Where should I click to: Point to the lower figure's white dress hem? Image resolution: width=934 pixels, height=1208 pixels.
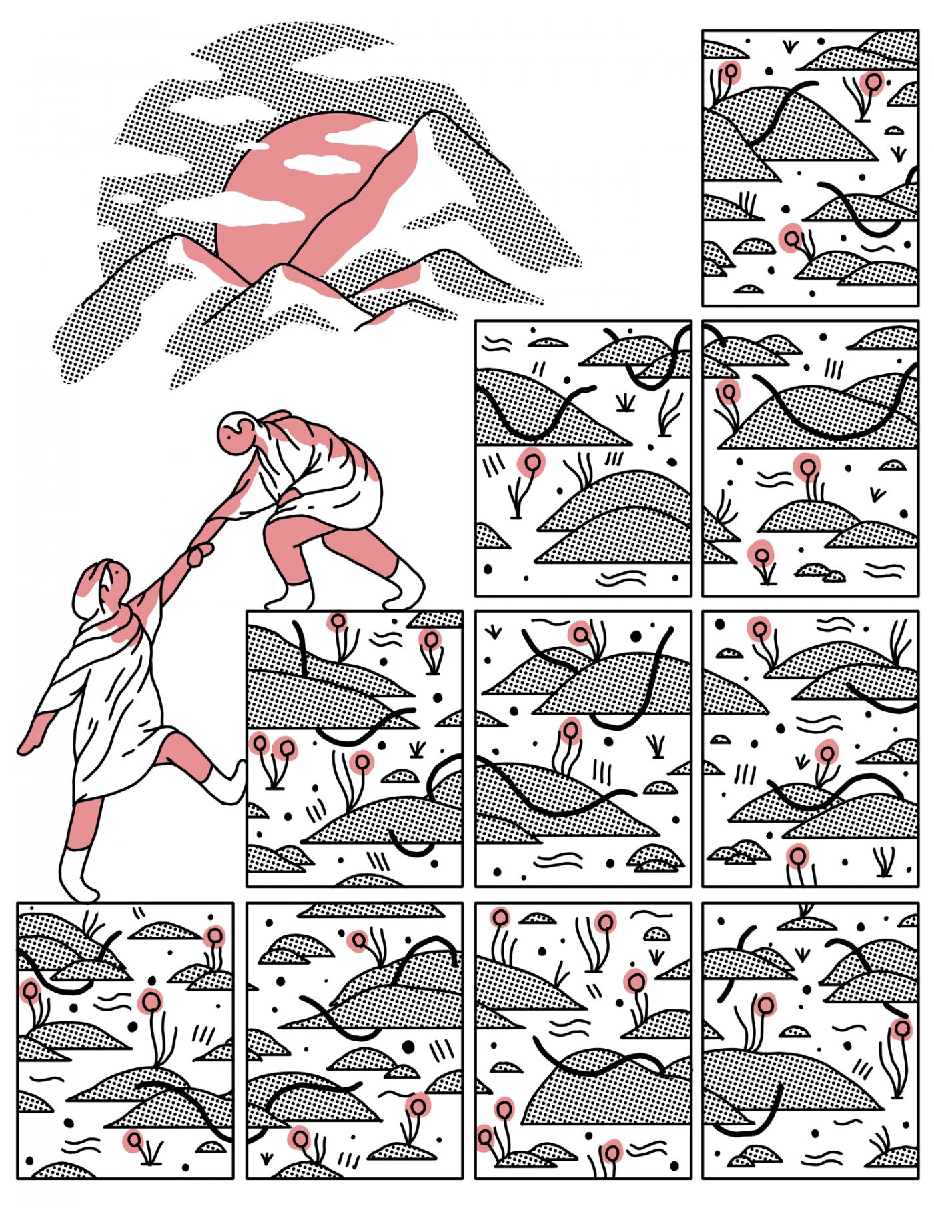click(x=113, y=787)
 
